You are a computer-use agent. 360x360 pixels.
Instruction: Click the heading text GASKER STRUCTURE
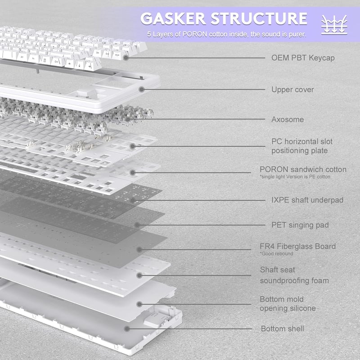pyautogui.click(x=224, y=18)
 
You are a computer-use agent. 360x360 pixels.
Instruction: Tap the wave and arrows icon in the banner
pyautogui.click(x=334, y=25)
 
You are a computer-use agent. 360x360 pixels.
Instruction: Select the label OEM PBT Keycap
pyautogui.click(x=303, y=58)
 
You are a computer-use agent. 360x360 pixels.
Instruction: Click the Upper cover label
pyautogui.click(x=292, y=90)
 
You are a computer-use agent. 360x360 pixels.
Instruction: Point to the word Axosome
pyautogui.click(x=288, y=119)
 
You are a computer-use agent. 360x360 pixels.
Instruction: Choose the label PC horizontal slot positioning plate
pyautogui.click(x=302, y=146)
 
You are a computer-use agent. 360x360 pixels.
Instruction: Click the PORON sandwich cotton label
pyautogui.click(x=303, y=170)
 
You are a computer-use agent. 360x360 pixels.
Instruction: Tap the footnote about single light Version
pyautogui.click(x=295, y=177)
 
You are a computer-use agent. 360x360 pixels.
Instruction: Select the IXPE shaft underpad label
pyautogui.click(x=307, y=200)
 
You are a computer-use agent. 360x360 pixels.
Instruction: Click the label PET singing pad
pyautogui.click(x=300, y=225)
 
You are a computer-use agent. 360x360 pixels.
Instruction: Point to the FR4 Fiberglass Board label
pyautogui.click(x=297, y=246)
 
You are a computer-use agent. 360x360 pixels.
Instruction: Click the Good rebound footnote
pyautogui.click(x=276, y=254)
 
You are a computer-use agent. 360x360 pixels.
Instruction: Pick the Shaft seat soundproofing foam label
pyautogui.click(x=294, y=275)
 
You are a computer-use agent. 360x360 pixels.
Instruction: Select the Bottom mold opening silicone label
pyautogui.click(x=288, y=304)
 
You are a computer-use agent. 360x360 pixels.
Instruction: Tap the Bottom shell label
pyautogui.click(x=283, y=329)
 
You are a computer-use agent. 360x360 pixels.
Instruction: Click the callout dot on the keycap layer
pyautogui.click(x=126, y=58)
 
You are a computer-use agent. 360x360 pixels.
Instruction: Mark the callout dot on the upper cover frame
pyautogui.click(x=142, y=89)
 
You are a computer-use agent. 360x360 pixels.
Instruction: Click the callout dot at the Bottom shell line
pyautogui.click(x=127, y=329)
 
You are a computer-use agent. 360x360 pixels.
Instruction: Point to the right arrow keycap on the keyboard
pyautogui.click(x=90, y=66)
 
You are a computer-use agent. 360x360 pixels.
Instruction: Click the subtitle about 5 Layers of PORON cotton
pyautogui.click(x=227, y=35)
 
